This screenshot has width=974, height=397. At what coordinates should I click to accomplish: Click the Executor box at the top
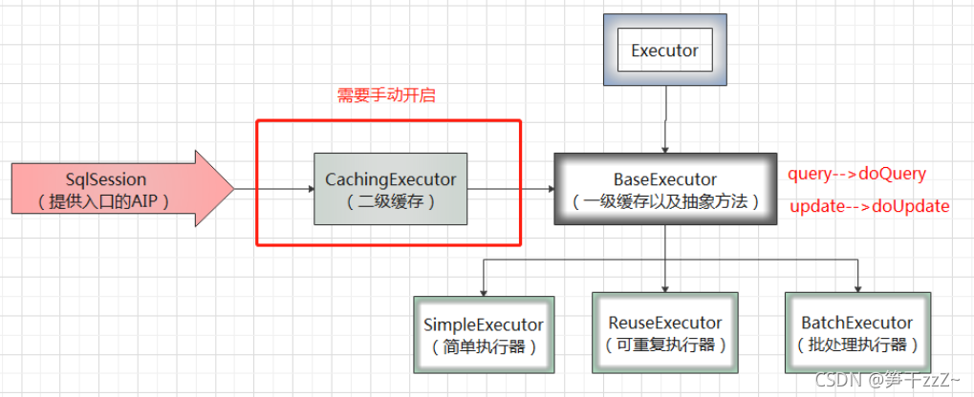coord(664,52)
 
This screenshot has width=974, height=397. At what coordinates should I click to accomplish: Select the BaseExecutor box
coord(664,189)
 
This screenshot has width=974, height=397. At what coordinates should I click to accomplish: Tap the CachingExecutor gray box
coord(391,188)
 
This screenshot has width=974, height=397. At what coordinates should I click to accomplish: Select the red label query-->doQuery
coord(856,175)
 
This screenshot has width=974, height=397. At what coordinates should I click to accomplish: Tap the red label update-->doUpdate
coord(869,206)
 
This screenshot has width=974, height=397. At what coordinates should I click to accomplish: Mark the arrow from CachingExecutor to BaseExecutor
coord(510,188)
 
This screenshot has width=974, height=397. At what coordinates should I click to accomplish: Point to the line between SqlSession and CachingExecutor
coord(273,188)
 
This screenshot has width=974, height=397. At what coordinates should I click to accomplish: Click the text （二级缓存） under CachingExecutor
coord(391,201)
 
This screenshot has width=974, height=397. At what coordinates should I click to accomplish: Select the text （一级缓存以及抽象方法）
coord(664,201)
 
